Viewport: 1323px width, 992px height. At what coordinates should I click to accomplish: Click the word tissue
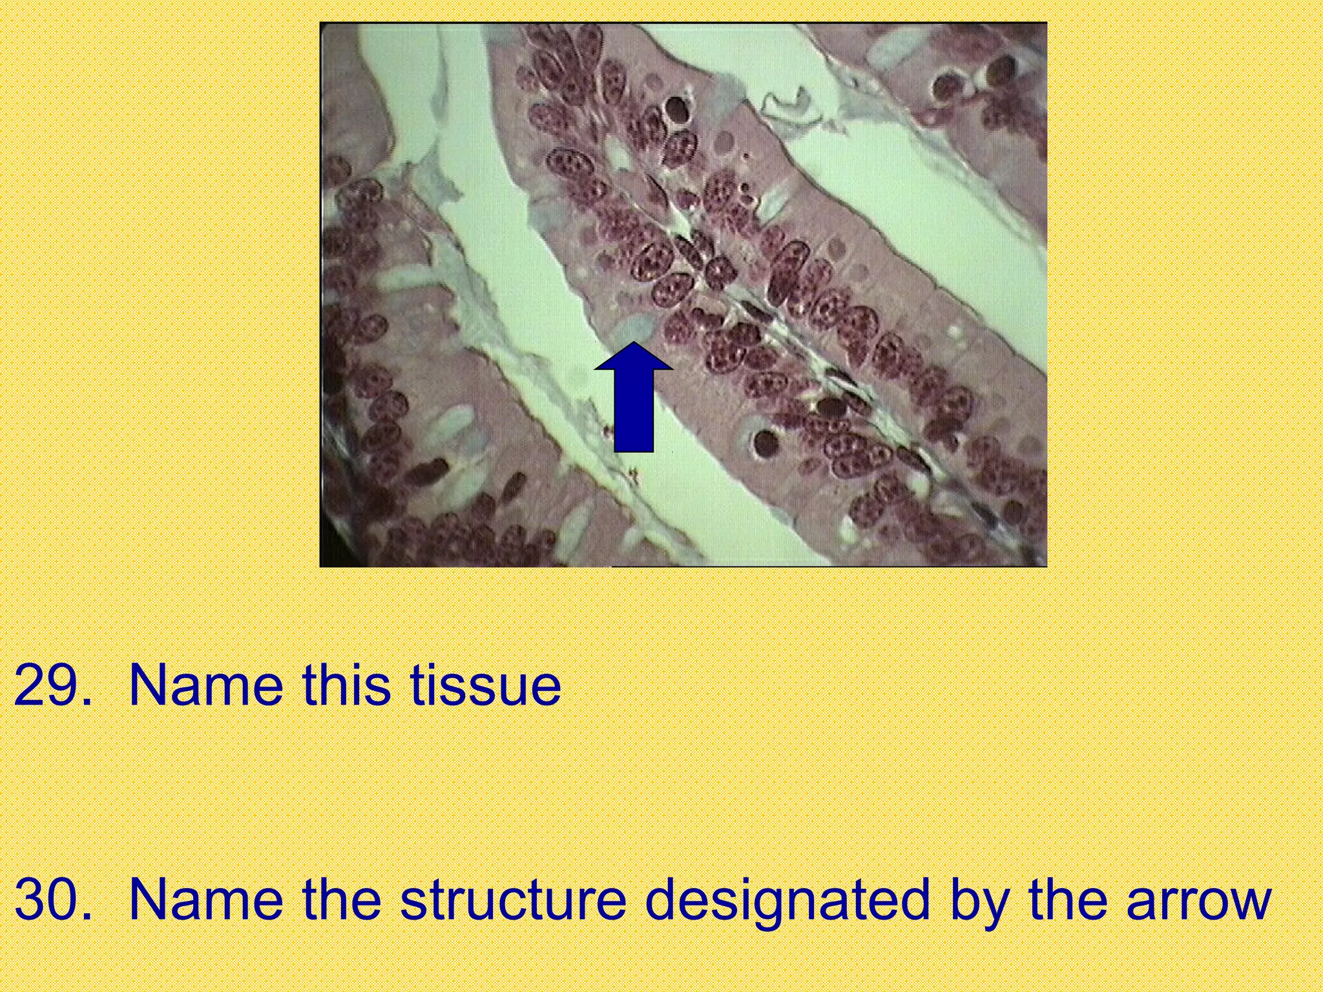pyautogui.click(x=485, y=685)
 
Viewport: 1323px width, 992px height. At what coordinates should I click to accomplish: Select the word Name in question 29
pyautogui.click(x=206, y=685)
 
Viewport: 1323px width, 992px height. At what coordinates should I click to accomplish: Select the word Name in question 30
pyautogui.click(x=206, y=900)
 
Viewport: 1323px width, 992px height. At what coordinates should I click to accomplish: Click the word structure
pyautogui.click(x=514, y=900)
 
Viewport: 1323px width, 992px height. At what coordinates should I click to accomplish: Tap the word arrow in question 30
pyautogui.click(x=1198, y=900)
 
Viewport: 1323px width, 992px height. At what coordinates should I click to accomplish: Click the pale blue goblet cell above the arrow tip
pyautogui.click(x=632, y=329)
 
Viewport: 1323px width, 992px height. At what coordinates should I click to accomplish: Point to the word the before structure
pyautogui.click(x=341, y=900)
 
